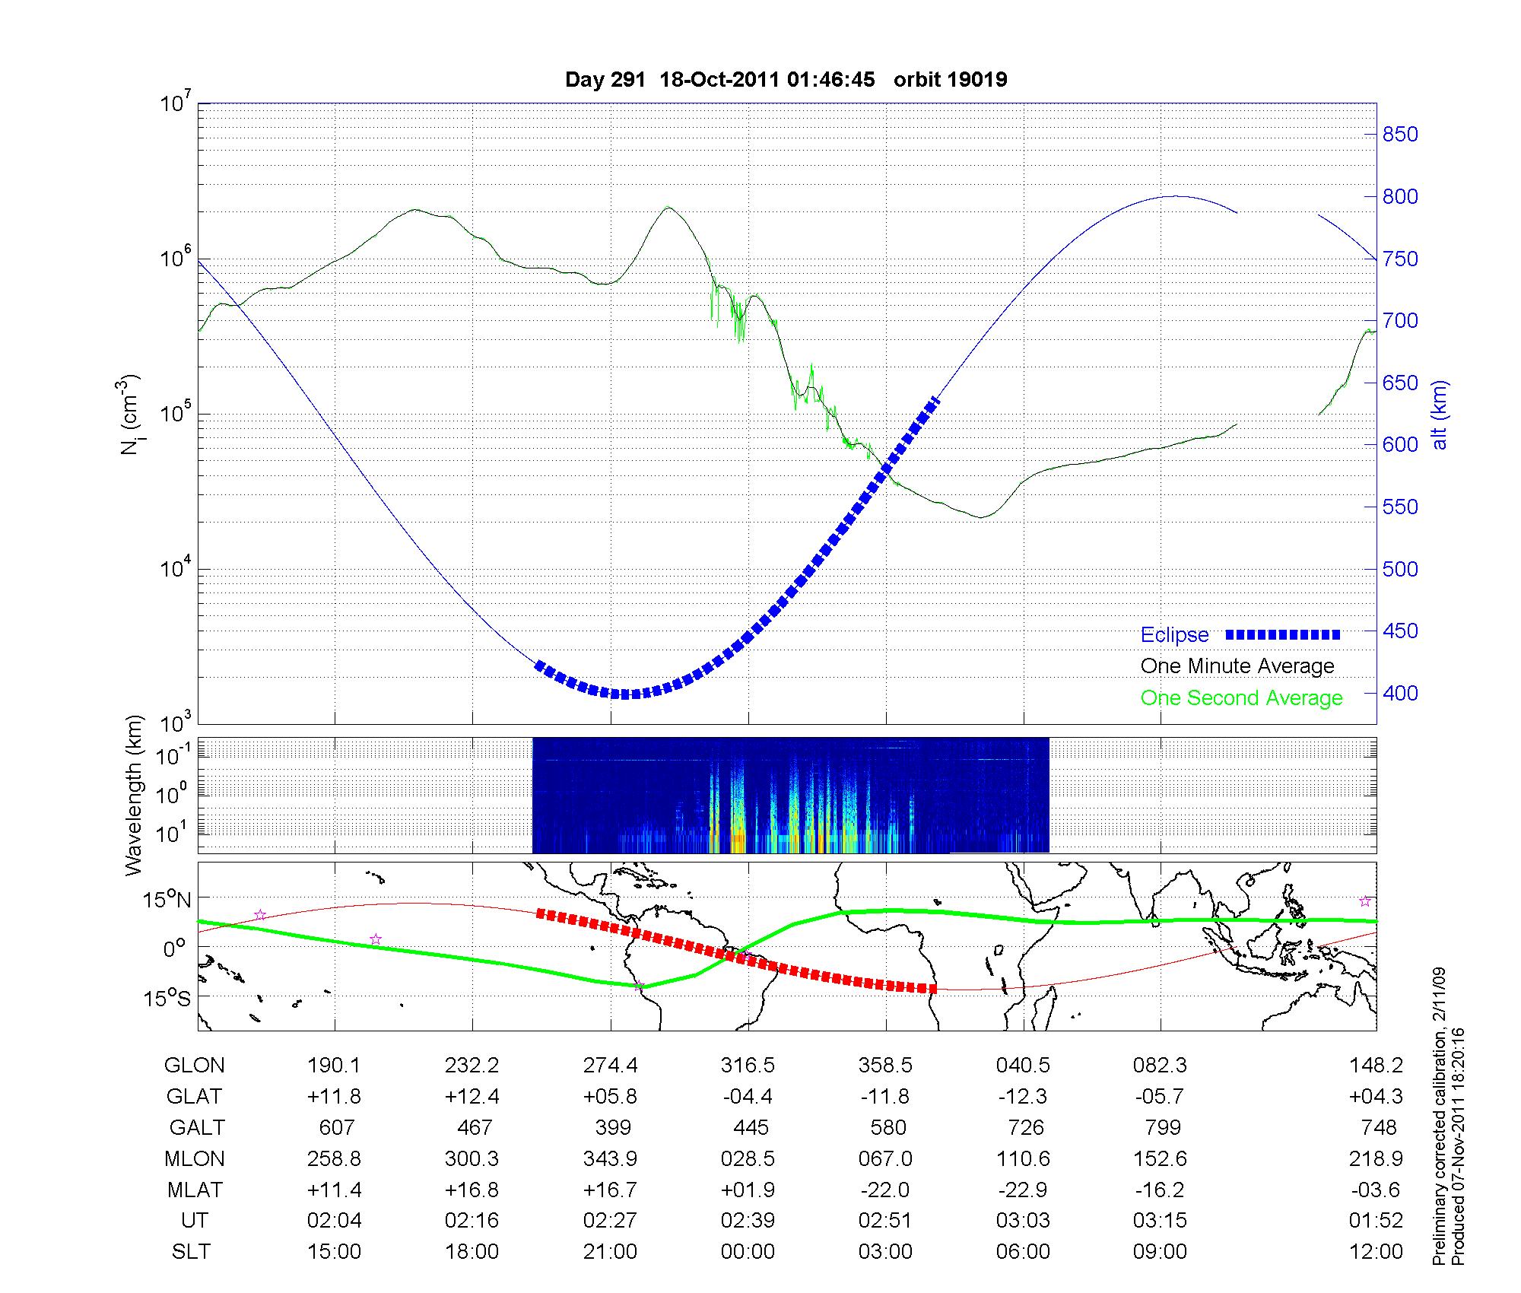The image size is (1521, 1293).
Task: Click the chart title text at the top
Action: click(x=786, y=80)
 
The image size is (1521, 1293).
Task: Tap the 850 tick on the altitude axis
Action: click(x=1399, y=135)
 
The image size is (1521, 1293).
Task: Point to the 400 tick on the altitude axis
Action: click(x=1399, y=693)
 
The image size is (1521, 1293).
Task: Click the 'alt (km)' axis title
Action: click(x=1439, y=415)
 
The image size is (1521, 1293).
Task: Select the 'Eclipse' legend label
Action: click(x=1174, y=635)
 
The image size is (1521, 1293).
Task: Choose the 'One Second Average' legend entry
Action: click(x=1241, y=698)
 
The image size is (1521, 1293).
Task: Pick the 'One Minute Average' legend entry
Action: click(x=1237, y=666)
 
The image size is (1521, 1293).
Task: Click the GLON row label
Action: click(x=194, y=1066)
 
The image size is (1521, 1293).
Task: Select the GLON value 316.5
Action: click(x=748, y=1066)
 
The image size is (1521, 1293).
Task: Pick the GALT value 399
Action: click(x=613, y=1127)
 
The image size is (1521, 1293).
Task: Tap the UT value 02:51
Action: click(x=885, y=1221)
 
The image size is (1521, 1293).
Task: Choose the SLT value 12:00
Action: click(x=1376, y=1252)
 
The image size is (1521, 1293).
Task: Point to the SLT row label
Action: click(x=191, y=1252)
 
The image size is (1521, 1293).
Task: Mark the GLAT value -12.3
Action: click(x=1023, y=1097)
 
